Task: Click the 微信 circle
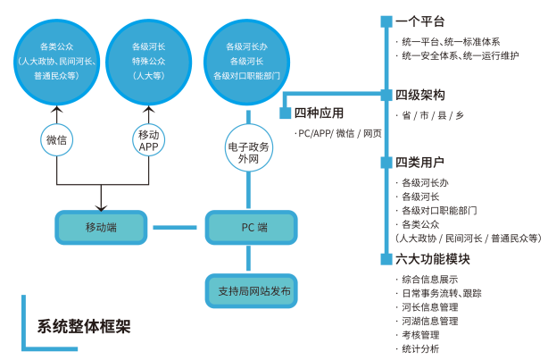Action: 57,139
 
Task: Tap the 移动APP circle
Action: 148,139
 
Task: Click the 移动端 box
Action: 101,227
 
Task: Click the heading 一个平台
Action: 419,21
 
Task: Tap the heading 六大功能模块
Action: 432,259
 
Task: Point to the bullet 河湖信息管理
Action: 429,320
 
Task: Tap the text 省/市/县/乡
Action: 433,115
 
